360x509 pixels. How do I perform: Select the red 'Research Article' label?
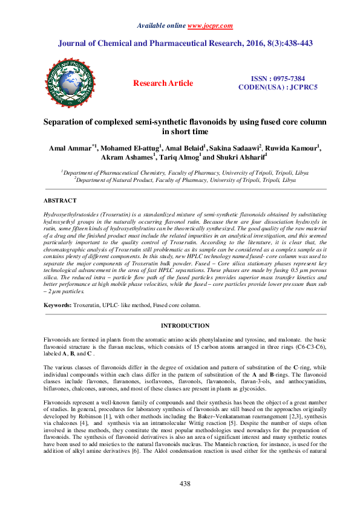pyautogui.click(x=163, y=83)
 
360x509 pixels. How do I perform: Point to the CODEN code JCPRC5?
pyautogui.click(x=302, y=88)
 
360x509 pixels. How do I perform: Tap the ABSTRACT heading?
pyautogui.click(x=60, y=200)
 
